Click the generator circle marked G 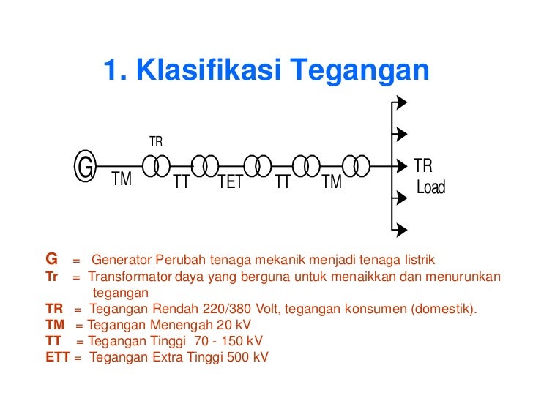click(x=86, y=168)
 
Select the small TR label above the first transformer click(x=156, y=142)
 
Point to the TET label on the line click(x=231, y=182)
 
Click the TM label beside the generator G click(x=122, y=179)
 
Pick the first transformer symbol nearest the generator click(x=157, y=166)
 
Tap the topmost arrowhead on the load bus click(x=400, y=102)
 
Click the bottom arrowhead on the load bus click(x=400, y=230)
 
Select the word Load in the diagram click(x=430, y=188)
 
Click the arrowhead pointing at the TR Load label click(x=400, y=165)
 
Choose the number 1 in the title click(x=111, y=70)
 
